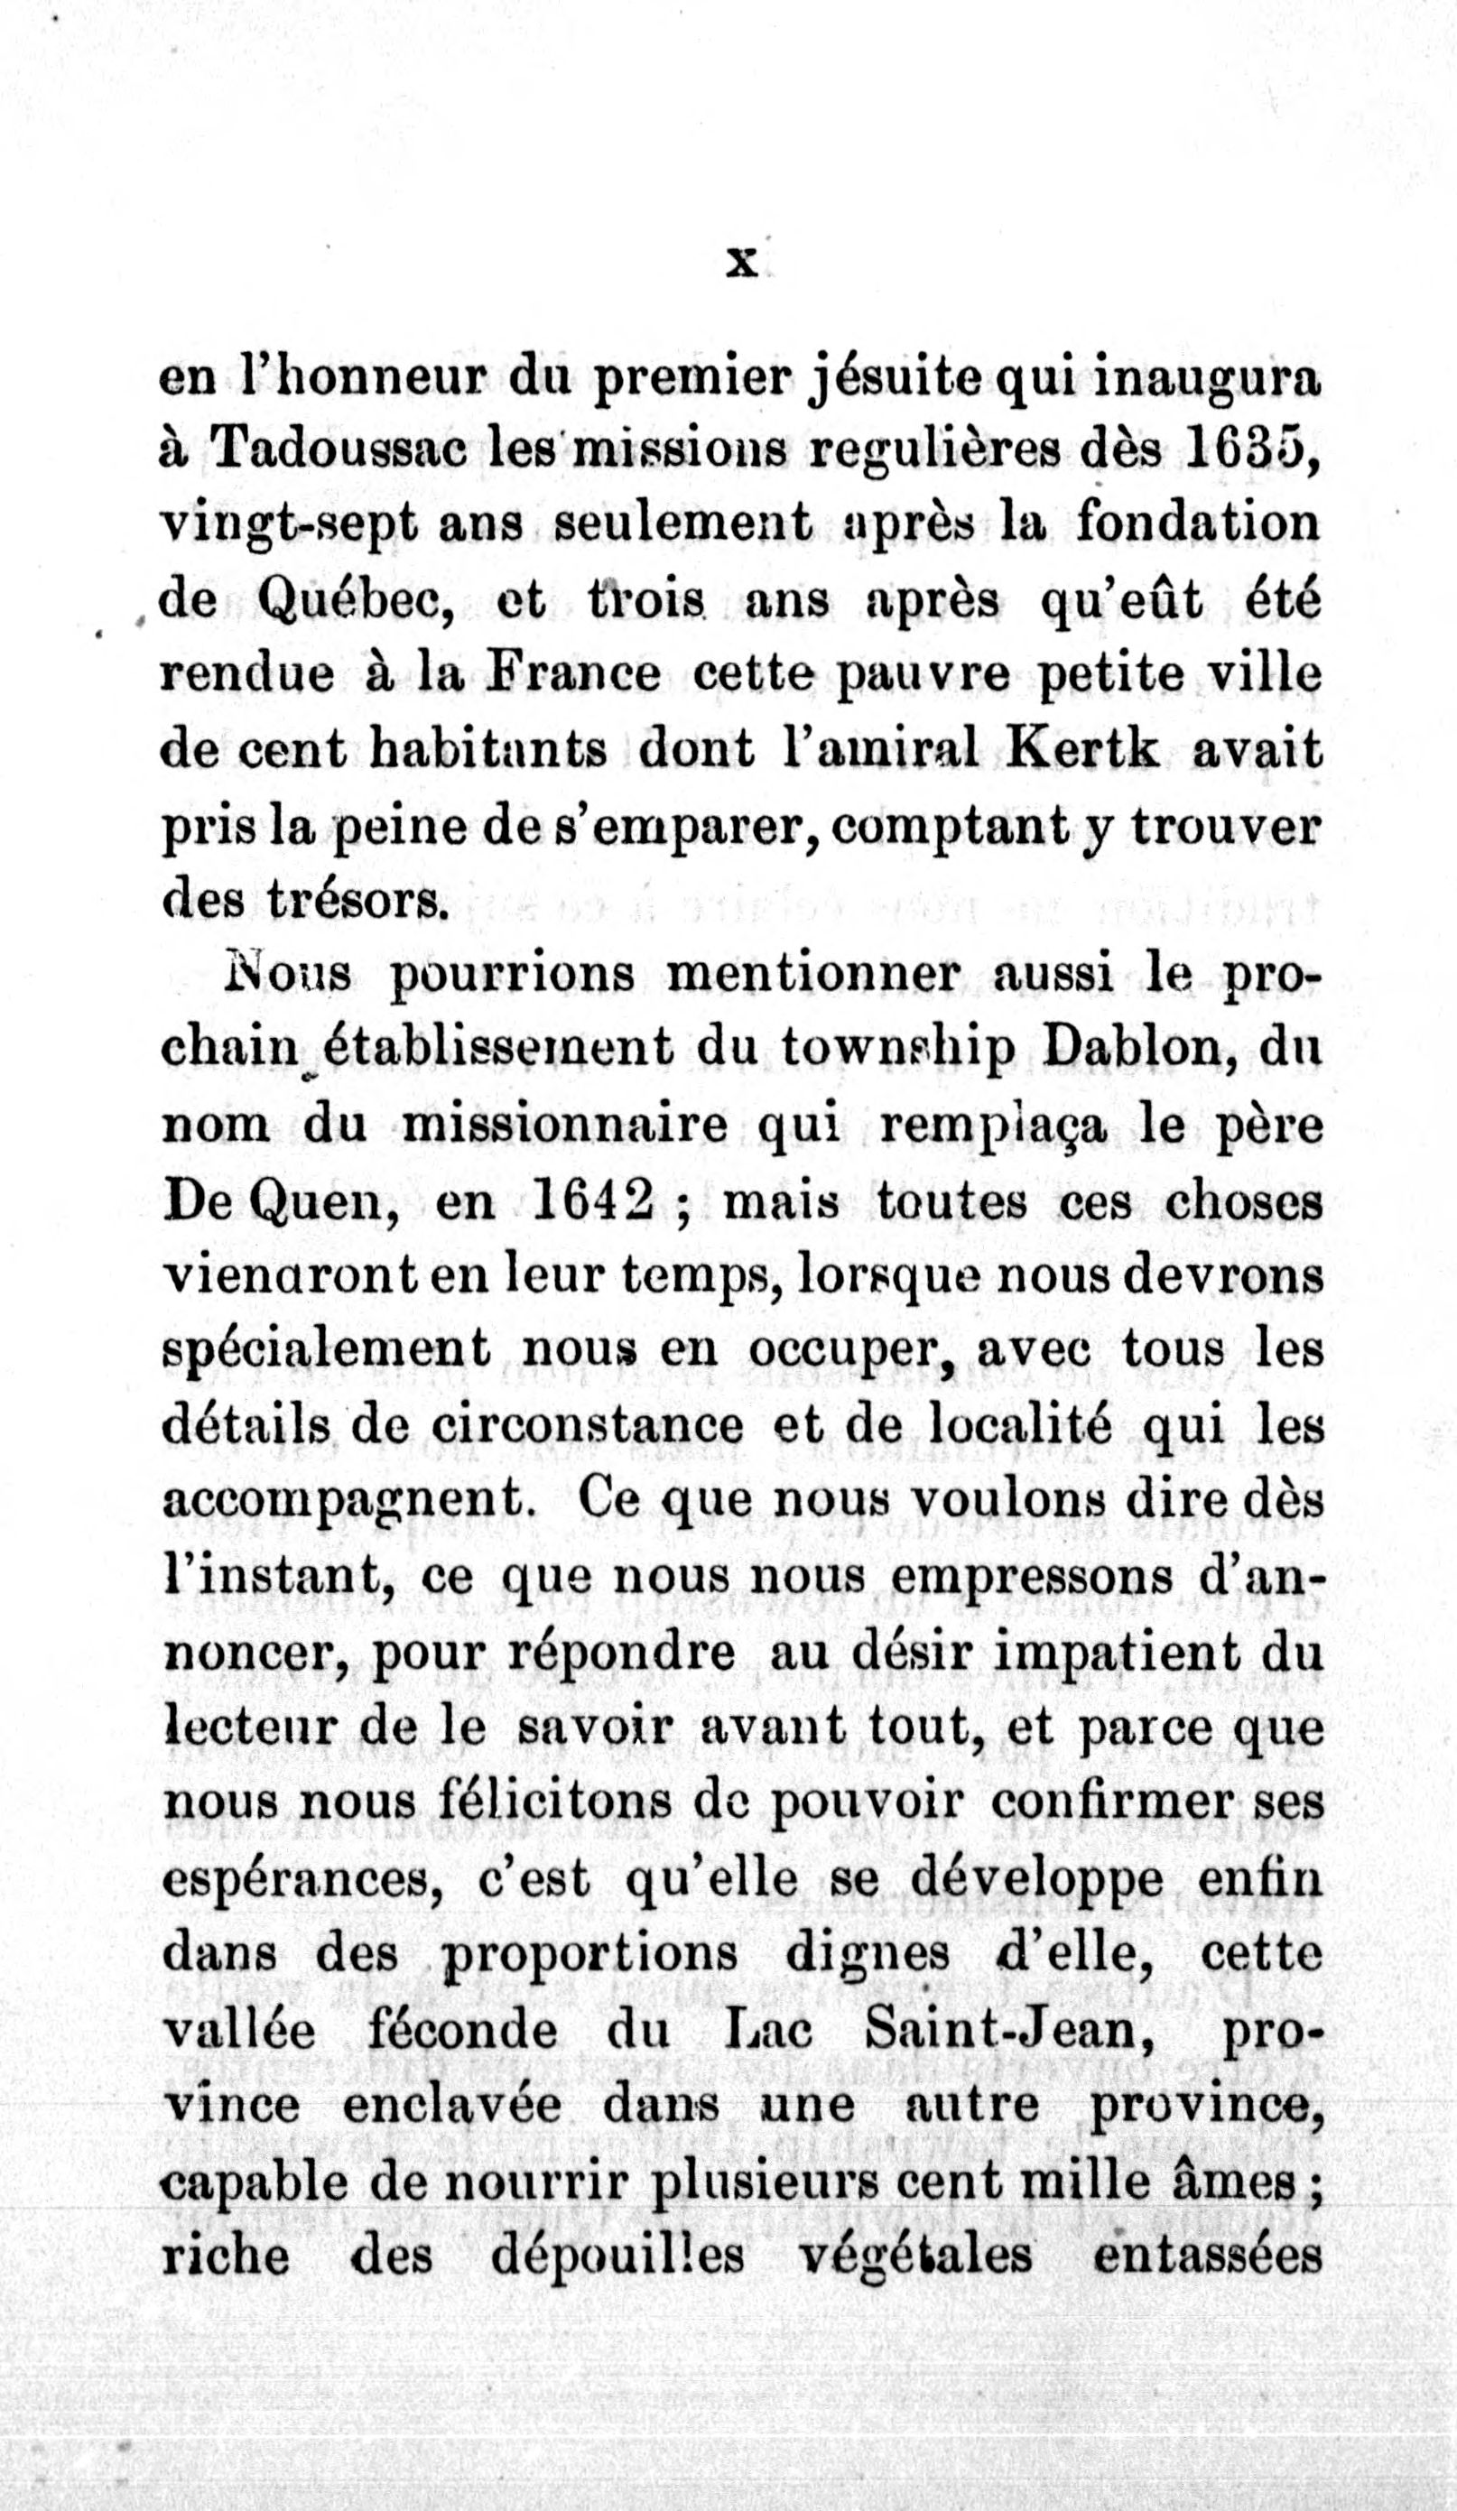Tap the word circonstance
(587, 1426)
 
